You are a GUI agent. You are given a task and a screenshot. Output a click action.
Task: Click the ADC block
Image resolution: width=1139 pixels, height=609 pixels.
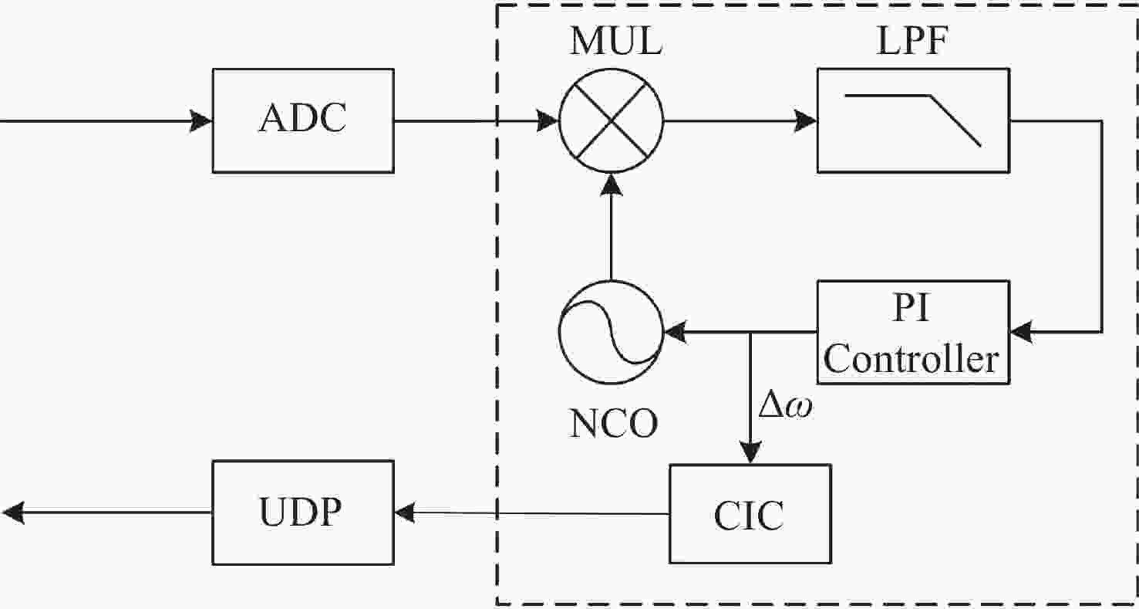(x=303, y=120)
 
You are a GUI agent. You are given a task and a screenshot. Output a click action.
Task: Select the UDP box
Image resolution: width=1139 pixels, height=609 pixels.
(x=303, y=513)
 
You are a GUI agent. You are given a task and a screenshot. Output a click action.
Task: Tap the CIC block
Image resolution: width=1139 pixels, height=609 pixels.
(x=750, y=514)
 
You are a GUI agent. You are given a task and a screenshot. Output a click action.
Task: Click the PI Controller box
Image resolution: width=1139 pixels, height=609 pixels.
(x=913, y=332)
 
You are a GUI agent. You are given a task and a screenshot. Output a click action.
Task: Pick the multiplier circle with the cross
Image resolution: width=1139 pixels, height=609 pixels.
(x=612, y=121)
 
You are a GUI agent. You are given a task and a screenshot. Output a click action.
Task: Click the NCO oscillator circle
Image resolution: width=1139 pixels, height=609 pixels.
(x=612, y=332)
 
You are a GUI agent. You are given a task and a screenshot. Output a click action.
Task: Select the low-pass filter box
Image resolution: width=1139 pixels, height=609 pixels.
(x=913, y=120)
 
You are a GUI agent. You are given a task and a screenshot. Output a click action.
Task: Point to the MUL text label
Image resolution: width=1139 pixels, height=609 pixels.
(x=616, y=41)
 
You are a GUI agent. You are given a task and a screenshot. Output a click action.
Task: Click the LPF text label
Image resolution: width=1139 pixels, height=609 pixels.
(x=912, y=41)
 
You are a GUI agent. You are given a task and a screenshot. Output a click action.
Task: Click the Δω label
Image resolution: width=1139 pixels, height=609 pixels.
(x=785, y=407)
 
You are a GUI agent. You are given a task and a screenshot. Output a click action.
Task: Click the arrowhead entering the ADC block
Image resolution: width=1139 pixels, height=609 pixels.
(x=201, y=121)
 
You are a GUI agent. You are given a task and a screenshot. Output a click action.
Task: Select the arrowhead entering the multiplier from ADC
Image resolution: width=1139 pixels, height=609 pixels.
(x=548, y=121)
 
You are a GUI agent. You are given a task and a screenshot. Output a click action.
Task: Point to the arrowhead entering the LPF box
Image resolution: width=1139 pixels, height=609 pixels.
(x=805, y=121)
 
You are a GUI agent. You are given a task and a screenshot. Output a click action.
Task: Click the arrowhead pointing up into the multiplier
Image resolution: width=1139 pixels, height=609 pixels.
(x=612, y=185)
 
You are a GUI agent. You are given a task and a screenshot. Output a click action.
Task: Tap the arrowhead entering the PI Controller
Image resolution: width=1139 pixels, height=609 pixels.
(x=1022, y=332)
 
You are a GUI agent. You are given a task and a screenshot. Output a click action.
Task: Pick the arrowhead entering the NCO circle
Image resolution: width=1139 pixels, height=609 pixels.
(x=676, y=332)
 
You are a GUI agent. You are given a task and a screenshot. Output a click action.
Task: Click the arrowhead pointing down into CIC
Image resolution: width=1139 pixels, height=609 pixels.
(x=750, y=453)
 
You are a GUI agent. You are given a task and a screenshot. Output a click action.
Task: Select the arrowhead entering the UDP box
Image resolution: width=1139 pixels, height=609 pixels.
(x=406, y=513)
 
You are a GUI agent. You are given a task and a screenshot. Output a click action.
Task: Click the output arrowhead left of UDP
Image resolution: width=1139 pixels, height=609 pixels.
(x=13, y=513)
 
